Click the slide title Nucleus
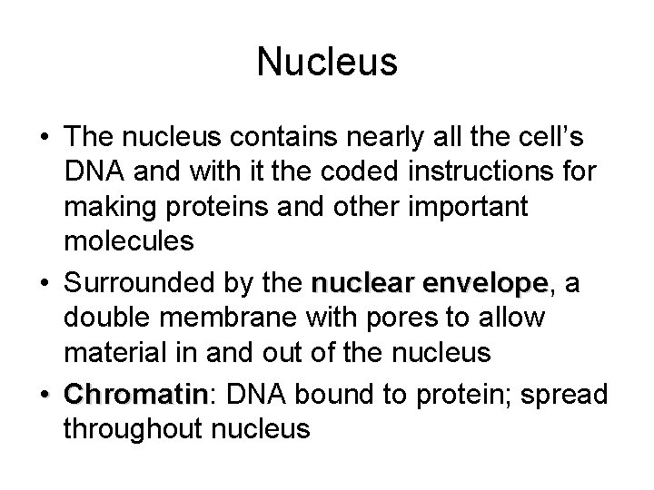327,62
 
